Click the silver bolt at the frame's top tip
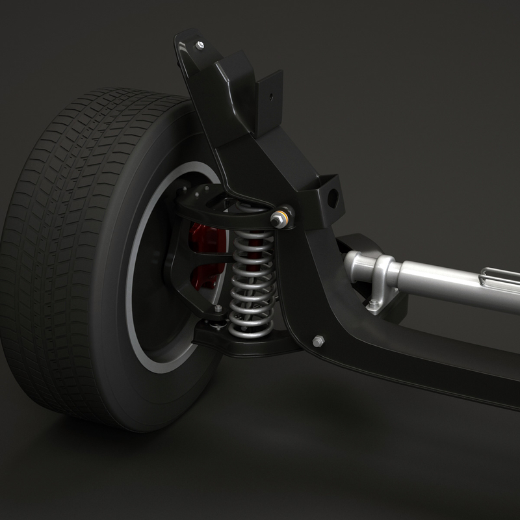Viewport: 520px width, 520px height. pos(200,45)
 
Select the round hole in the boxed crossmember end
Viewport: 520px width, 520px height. pos(332,197)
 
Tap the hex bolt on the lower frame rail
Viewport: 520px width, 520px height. pos(318,341)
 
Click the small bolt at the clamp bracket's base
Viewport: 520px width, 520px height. pos(372,303)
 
